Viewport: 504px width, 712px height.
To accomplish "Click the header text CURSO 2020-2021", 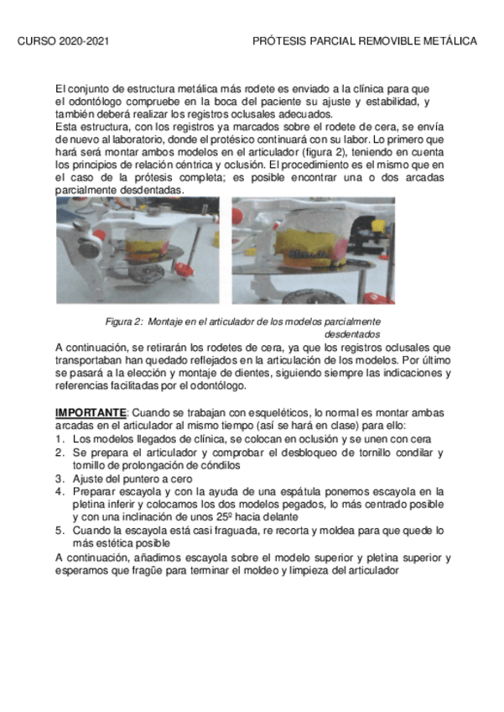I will (x=63, y=40).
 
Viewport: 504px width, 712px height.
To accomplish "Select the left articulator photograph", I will (x=138, y=249).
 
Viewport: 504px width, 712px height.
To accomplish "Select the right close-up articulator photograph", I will (x=313, y=249).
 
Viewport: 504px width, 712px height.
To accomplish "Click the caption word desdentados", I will (x=352, y=334).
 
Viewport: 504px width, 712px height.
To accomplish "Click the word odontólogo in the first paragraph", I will (x=90, y=102).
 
